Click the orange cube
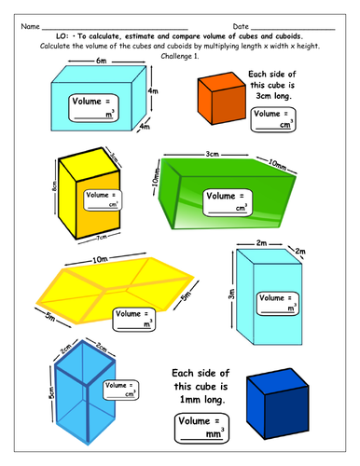click(219, 98)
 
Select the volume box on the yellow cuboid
click(103, 199)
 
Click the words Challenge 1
click(180, 55)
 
